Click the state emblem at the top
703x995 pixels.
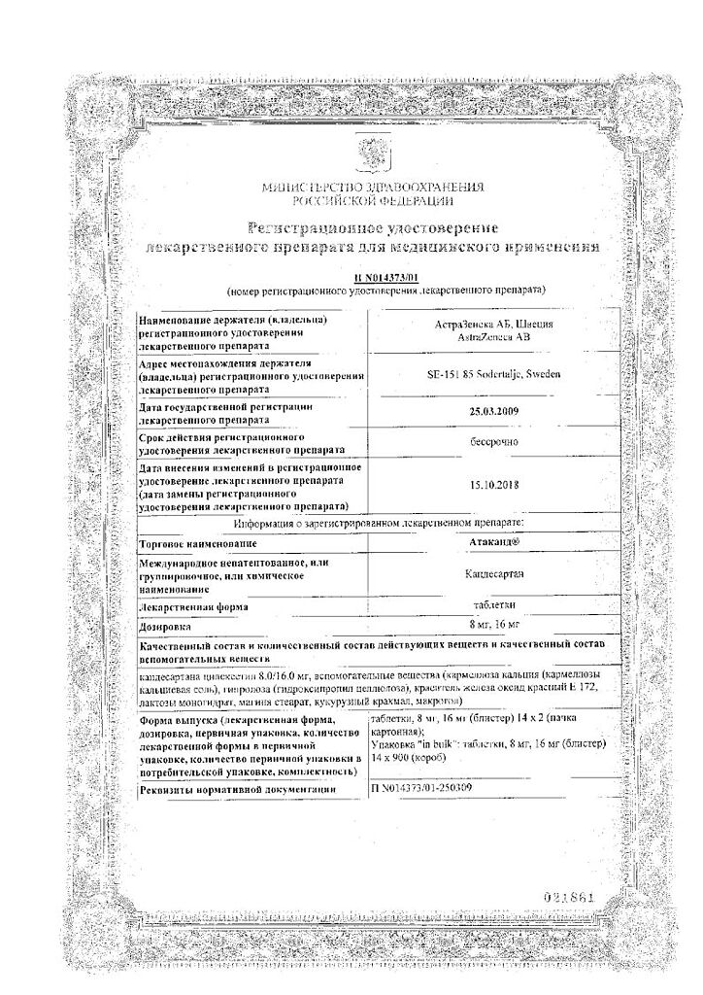[x=372, y=154]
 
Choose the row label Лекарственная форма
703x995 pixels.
[x=193, y=606]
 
